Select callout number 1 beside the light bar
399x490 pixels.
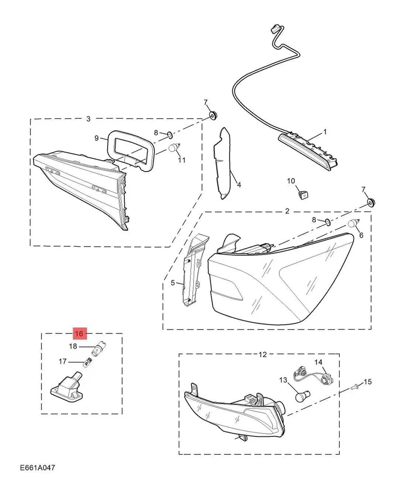[325, 132]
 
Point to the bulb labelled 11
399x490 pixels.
[175, 147]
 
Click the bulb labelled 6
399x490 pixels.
[353, 223]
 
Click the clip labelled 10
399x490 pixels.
[304, 195]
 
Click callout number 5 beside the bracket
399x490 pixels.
[173, 283]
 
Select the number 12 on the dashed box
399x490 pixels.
[263, 355]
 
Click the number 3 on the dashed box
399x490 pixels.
[88, 119]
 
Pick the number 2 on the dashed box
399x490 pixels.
[287, 211]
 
